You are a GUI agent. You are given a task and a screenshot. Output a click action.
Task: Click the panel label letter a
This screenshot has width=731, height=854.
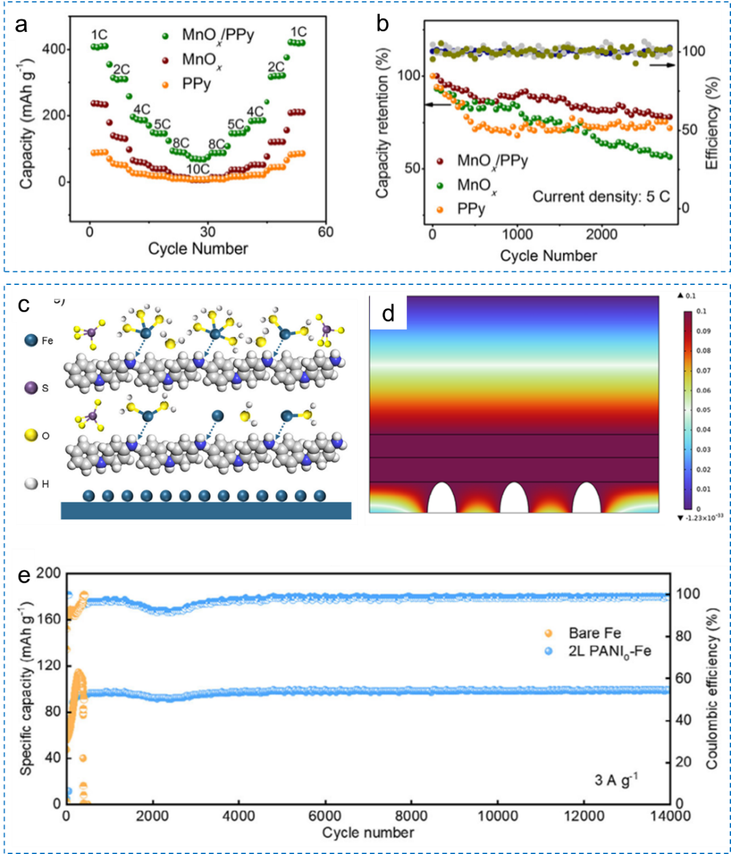(x=22, y=25)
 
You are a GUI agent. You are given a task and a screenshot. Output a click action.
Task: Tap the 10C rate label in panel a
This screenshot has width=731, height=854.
(x=198, y=169)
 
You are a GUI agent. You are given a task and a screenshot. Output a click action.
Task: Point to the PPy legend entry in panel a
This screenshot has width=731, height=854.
(x=196, y=84)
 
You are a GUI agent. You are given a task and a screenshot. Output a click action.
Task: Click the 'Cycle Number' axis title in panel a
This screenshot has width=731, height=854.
(x=198, y=249)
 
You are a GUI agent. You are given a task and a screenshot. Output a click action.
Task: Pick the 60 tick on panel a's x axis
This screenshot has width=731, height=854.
(x=325, y=232)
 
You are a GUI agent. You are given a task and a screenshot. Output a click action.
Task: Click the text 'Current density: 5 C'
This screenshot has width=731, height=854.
(x=601, y=197)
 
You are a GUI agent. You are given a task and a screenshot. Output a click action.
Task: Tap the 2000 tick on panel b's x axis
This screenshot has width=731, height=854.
(x=602, y=234)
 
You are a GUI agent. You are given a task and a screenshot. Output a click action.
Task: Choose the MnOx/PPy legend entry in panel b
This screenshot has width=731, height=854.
(x=491, y=160)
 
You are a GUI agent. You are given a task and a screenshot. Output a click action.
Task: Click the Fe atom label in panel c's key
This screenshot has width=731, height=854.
(x=47, y=340)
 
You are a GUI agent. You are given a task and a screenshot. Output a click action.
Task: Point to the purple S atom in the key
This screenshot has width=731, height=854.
(x=31, y=387)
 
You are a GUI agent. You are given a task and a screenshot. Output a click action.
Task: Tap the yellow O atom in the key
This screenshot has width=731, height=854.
(x=31, y=435)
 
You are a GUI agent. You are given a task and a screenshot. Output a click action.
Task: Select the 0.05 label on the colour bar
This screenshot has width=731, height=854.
(x=703, y=410)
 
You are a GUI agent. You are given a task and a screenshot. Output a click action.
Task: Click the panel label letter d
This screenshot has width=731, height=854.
(x=388, y=314)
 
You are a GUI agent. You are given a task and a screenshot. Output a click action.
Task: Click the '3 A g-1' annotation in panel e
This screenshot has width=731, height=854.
(x=615, y=779)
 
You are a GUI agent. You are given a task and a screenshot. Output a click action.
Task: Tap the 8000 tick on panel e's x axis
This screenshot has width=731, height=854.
(x=411, y=816)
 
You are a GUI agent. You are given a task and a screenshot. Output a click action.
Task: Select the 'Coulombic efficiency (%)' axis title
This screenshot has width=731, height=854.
(x=712, y=689)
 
